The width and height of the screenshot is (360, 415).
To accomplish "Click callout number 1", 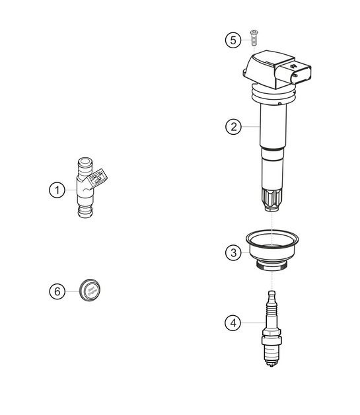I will point(57,190).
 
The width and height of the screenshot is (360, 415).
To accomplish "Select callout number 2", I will point(233,126).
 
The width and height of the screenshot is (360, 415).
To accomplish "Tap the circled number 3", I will point(233,252).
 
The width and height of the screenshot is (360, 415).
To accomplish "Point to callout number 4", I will point(233,322).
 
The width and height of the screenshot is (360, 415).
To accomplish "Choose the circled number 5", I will point(233,40).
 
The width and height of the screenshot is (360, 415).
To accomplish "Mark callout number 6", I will point(57,291).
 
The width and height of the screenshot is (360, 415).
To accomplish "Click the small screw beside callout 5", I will point(253,37).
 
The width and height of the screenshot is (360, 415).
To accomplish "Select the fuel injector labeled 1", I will point(86,188).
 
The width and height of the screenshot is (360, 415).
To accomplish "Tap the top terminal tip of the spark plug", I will point(270,293).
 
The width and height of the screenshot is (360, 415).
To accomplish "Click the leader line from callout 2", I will point(250,126).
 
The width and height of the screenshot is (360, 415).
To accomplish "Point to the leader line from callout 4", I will point(251,322).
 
